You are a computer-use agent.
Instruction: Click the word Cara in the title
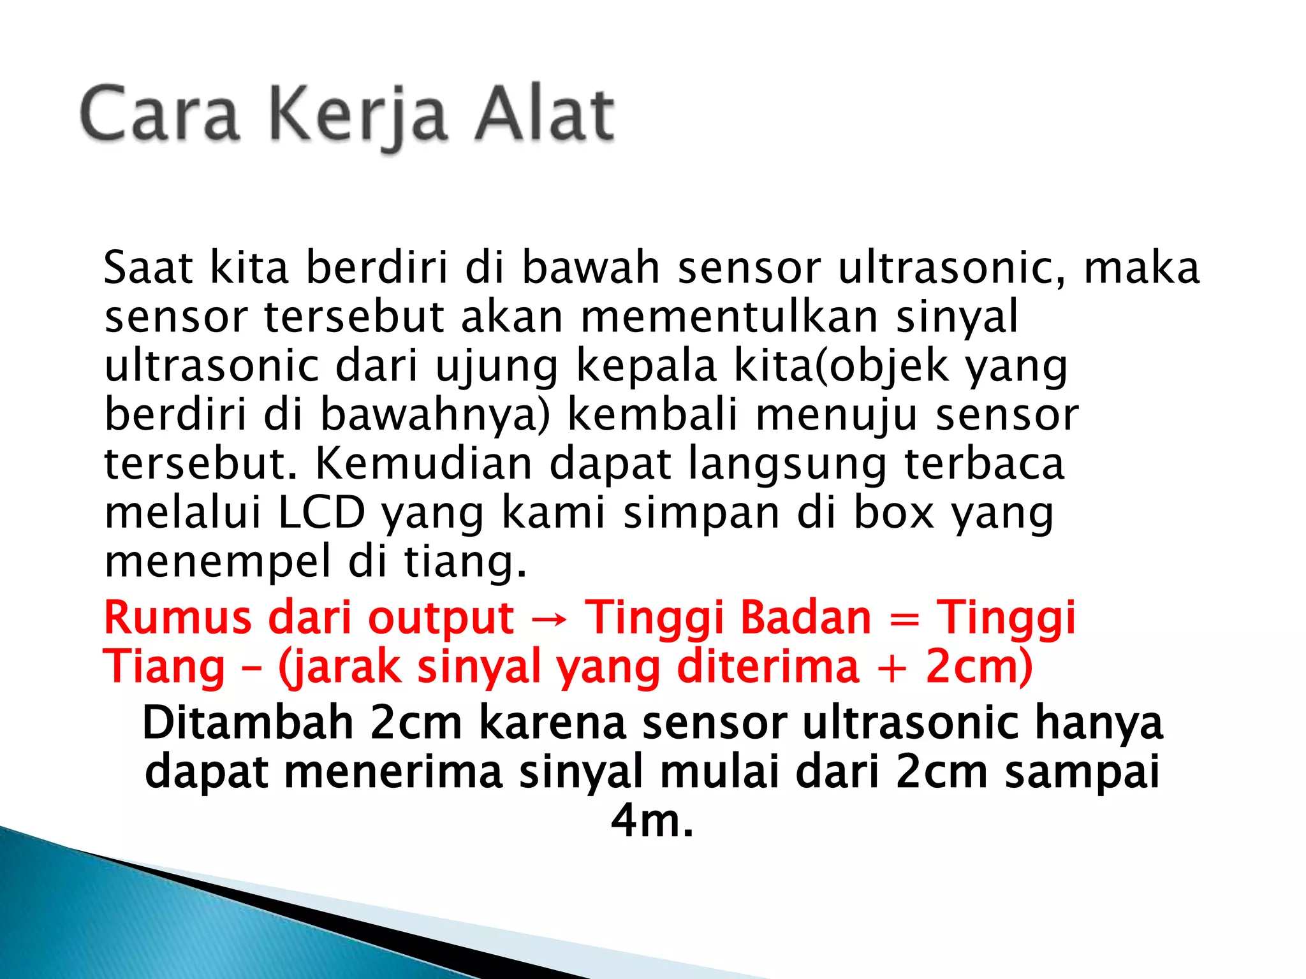[x=159, y=115]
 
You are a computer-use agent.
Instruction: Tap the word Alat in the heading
[x=545, y=115]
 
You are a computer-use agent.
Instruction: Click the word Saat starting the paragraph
[x=148, y=268]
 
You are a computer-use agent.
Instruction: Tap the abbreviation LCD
[x=321, y=512]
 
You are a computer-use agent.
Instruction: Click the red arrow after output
[x=549, y=619]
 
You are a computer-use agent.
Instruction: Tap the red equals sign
[x=904, y=619]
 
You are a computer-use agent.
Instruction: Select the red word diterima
[x=768, y=667]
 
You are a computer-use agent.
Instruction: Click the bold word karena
[x=552, y=723]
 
